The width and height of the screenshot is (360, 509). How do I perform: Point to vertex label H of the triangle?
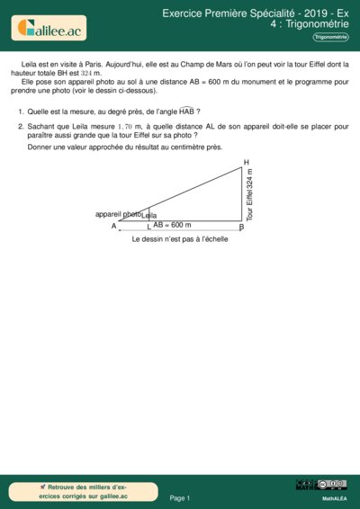[247, 162]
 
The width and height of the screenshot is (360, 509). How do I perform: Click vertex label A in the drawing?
[114, 227]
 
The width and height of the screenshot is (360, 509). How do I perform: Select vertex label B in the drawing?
[241, 227]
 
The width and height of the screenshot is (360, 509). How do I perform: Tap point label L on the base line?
[148, 227]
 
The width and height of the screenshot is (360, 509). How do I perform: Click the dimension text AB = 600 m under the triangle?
[172, 225]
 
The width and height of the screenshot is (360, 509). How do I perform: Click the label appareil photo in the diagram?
[118, 214]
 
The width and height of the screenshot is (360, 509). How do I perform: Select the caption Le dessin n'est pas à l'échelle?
[180, 240]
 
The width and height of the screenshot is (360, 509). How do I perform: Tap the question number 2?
[21, 128]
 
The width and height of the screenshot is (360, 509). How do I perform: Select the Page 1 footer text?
[180, 497]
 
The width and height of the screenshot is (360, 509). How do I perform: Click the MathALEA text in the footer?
[335, 496]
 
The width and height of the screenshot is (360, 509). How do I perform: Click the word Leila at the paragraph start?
[31, 66]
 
